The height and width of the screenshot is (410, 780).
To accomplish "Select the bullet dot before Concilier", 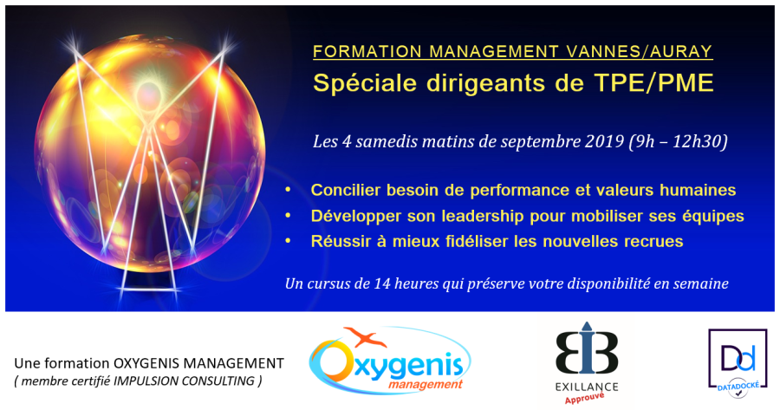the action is [288, 190].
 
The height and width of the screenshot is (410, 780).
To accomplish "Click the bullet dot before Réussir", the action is [288, 241].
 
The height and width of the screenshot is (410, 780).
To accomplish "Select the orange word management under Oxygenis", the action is [426, 385].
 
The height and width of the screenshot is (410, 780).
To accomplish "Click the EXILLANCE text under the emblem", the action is [587, 387].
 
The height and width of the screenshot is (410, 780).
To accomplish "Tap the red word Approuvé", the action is [584, 398].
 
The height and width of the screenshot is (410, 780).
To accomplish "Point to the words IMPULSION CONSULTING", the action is [184, 381].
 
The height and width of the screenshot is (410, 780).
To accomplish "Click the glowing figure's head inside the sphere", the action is [149, 93].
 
